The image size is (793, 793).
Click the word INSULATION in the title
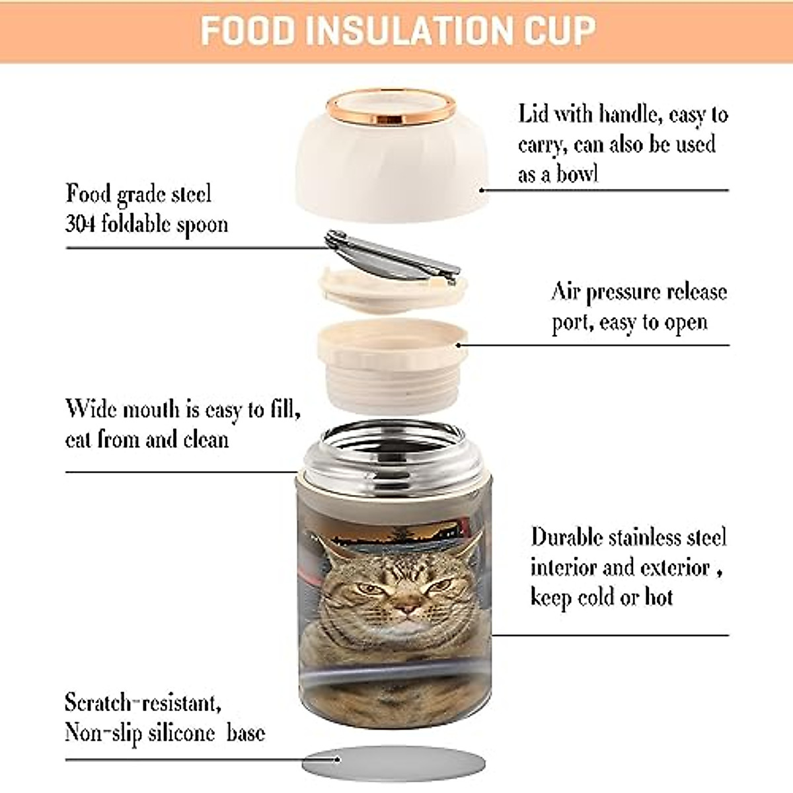point(404,30)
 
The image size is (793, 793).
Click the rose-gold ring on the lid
point(391,108)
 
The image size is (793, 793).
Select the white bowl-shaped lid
point(391,165)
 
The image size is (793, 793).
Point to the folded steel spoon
point(393,256)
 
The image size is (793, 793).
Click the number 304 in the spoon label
point(80,224)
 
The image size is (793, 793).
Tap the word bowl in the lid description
point(577,174)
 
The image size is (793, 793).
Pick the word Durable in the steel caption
point(567,537)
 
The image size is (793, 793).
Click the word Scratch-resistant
point(141,702)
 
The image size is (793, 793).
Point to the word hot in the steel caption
point(658,597)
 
